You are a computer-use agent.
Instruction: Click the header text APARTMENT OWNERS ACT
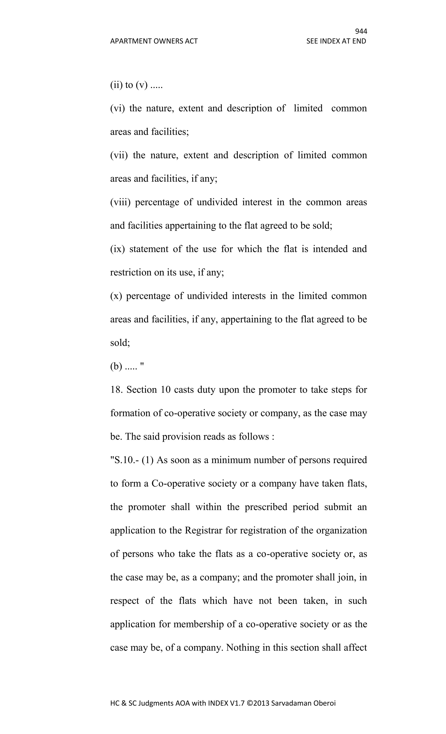[x=154, y=41]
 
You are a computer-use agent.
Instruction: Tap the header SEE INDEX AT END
[x=336, y=41]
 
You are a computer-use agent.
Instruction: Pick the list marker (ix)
[x=117, y=249]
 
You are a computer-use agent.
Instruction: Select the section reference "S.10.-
[x=124, y=460]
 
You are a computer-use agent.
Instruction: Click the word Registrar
[x=203, y=530]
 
